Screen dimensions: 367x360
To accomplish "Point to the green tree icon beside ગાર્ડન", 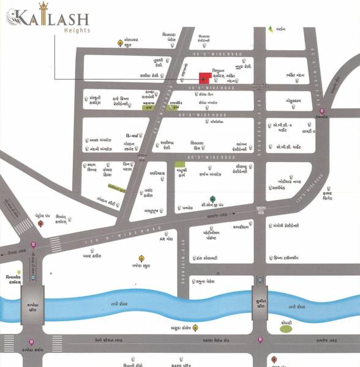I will pyautogui.click(x=270, y=29).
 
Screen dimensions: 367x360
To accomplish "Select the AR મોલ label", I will pyautogui.click(x=167, y=239).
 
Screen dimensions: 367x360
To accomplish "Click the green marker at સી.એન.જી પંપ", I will pyautogui.click(x=212, y=199).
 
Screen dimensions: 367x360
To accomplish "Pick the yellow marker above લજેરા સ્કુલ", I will pyautogui.click(x=141, y=257).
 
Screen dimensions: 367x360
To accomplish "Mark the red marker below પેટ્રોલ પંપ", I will pyautogui.click(x=40, y=224).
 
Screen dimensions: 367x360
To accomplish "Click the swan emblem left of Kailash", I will pyautogui.click(x=17, y=18).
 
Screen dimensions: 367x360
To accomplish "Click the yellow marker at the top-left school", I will pyautogui.click(x=120, y=42).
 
